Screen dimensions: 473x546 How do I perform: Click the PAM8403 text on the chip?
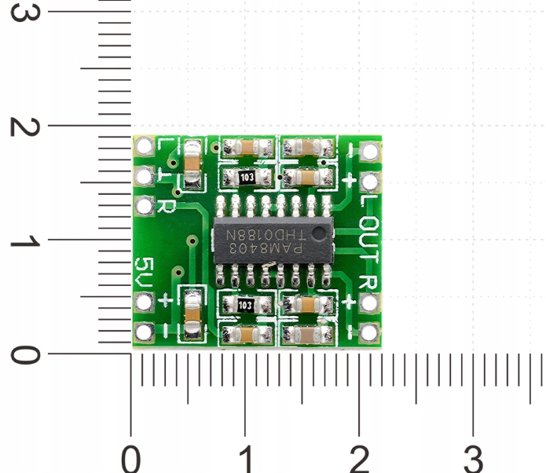click(x=265, y=249)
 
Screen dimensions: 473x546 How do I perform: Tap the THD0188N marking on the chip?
click(x=265, y=235)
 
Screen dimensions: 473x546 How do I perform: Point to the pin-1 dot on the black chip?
click(x=317, y=234)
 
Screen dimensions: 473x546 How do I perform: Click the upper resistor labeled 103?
click(x=247, y=178)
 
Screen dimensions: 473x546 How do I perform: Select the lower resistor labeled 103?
click(x=245, y=304)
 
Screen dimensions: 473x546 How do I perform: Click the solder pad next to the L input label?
click(x=144, y=146)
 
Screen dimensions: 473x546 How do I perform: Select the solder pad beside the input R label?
click(x=144, y=206)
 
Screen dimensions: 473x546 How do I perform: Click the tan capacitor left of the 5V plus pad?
click(x=192, y=314)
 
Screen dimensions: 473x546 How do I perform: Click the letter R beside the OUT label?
click(x=367, y=282)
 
